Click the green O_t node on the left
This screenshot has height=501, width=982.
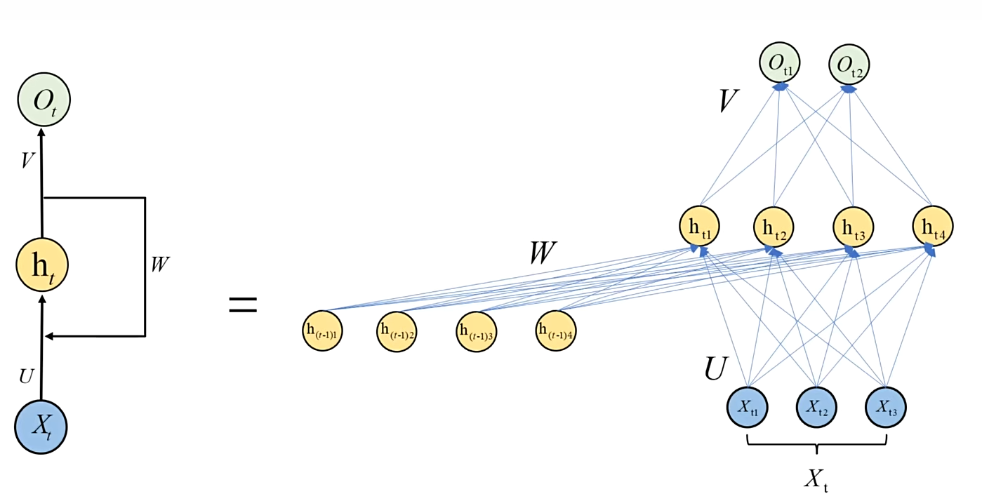(x=44, y=101)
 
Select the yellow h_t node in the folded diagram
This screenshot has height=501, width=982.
(x=42, y=265)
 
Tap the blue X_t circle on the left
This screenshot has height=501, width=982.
(x=41, y=427)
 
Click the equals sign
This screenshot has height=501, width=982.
(x=243, y=305)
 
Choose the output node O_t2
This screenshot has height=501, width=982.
(x=849, y=65)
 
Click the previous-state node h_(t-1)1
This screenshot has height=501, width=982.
(x=323, y=330)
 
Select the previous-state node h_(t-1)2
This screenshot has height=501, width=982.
(x=397, y=331)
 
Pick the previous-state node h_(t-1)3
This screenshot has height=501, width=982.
(x=477, y=331)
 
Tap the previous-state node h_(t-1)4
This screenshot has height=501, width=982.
(x=556, y=330)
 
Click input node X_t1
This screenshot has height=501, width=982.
(x=747, y=407)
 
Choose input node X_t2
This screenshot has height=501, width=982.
(x=816, y=407)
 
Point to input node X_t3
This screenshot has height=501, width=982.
(x=886, y=407)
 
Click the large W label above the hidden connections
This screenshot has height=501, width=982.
(x=543, y=254)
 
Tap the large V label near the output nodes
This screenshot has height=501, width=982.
(x=729, y=102)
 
